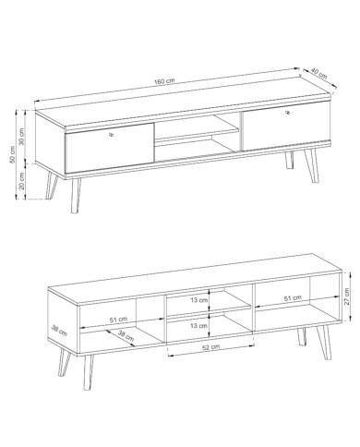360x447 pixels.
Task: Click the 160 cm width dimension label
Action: click(164, 81)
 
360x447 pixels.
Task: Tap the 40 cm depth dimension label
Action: click(318, 73)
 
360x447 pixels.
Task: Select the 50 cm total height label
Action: click(12, 154)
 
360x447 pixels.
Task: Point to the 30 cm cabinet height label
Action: click(21, 138)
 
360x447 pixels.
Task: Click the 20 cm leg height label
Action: click(21, 181)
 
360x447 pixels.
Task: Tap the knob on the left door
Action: click(111, 134)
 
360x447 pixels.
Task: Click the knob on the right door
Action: click(288, 113)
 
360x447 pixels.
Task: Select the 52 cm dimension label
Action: click(210, 347)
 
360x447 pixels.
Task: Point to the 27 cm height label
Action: click(347, 296)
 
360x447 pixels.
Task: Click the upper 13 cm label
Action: click(199, 300)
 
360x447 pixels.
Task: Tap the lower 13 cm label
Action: click(199, 325)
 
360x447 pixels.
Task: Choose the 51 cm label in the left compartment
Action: click(118, 320)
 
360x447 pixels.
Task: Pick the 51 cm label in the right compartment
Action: click(293, 298)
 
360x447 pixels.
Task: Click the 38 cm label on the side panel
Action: click(59, 331)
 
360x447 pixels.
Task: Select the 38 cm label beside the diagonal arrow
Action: click(126, 336)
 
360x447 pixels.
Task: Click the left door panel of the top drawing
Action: click(109, 148)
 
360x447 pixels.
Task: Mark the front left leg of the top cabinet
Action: click(75, 196)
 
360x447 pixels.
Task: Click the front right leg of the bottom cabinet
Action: click(325, 342)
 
